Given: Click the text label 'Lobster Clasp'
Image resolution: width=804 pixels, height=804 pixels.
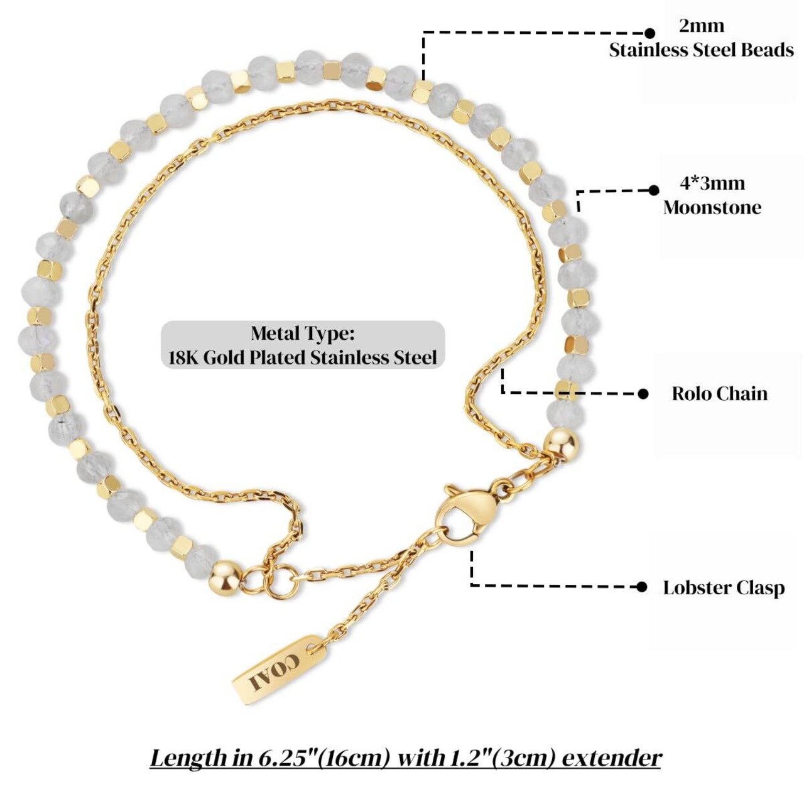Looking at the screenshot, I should [724, 588].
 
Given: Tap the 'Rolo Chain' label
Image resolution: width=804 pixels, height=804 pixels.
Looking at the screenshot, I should [719, 394].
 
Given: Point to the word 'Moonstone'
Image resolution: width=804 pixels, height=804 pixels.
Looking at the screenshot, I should [712, 207].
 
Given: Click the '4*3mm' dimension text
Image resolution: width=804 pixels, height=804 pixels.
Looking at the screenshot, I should [712, 183].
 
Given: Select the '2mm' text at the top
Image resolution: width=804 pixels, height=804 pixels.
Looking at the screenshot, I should [701, 26].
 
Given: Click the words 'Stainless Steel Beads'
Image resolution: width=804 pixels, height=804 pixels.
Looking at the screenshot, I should [701, 50].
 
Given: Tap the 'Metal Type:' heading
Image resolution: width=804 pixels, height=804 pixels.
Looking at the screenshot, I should [303, 333].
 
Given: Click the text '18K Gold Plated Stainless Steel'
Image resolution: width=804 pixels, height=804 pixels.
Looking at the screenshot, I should [303, 357].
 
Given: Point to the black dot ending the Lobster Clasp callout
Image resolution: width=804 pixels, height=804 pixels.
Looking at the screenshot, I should [641, 587].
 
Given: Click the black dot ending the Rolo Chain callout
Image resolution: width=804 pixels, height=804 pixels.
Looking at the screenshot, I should [643, 394].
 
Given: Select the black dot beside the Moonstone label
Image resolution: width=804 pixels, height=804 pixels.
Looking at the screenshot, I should [653, 190].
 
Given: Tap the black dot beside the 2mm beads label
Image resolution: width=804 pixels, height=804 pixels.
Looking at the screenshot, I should [650, 33].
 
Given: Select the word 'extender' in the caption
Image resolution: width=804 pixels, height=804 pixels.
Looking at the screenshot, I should [611, 758].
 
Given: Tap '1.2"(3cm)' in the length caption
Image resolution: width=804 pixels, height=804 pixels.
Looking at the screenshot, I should [496, 758].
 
